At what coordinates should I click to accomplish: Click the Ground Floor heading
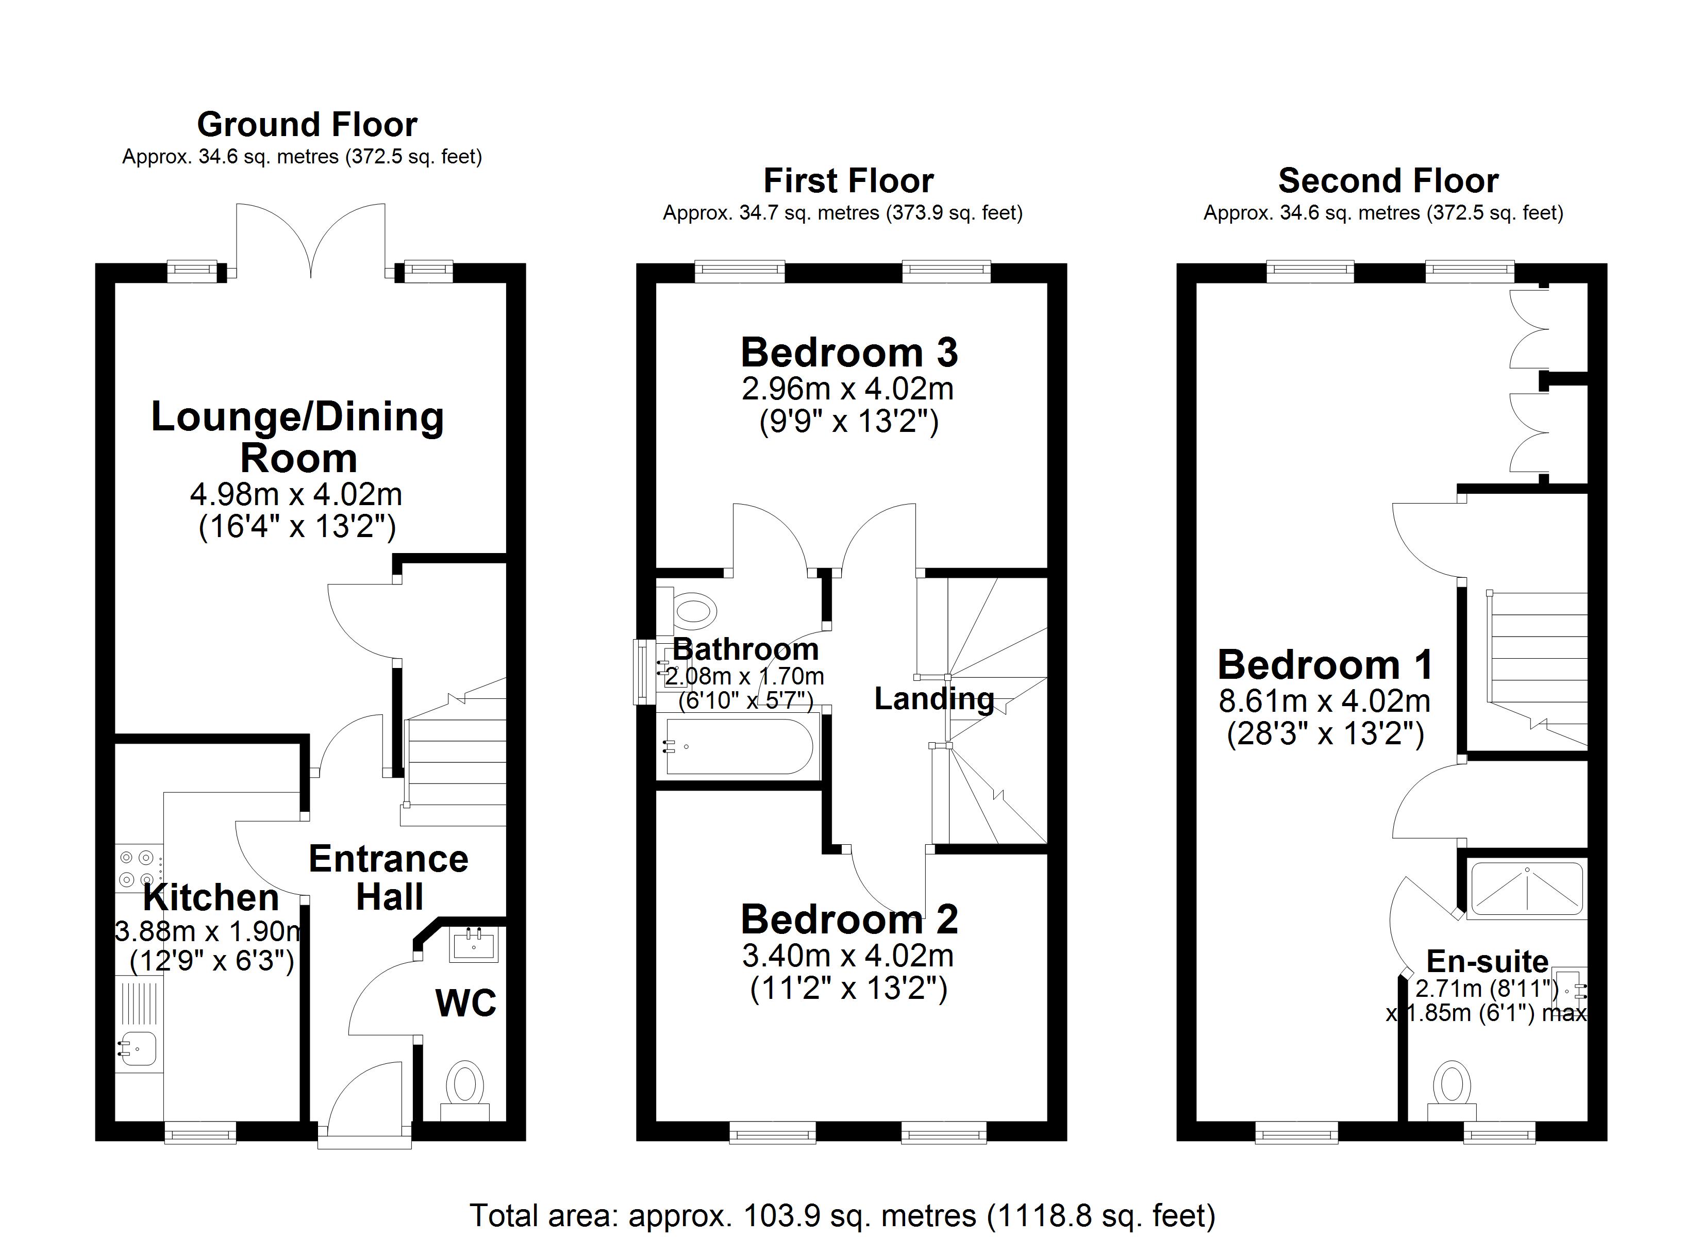click(307, 125)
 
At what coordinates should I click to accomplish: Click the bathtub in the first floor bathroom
click(739, 746)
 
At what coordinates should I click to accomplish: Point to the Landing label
click(934, 698)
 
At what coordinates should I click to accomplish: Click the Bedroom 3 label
click(849, 353)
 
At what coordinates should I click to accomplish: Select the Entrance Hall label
click(389, 878)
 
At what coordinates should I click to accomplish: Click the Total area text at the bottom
click(842, 1214)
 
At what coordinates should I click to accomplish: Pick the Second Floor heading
click(1388, 181)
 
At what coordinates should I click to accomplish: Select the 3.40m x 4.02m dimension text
click(848, 956)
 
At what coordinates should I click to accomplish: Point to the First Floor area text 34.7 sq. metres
click(842, 213)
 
